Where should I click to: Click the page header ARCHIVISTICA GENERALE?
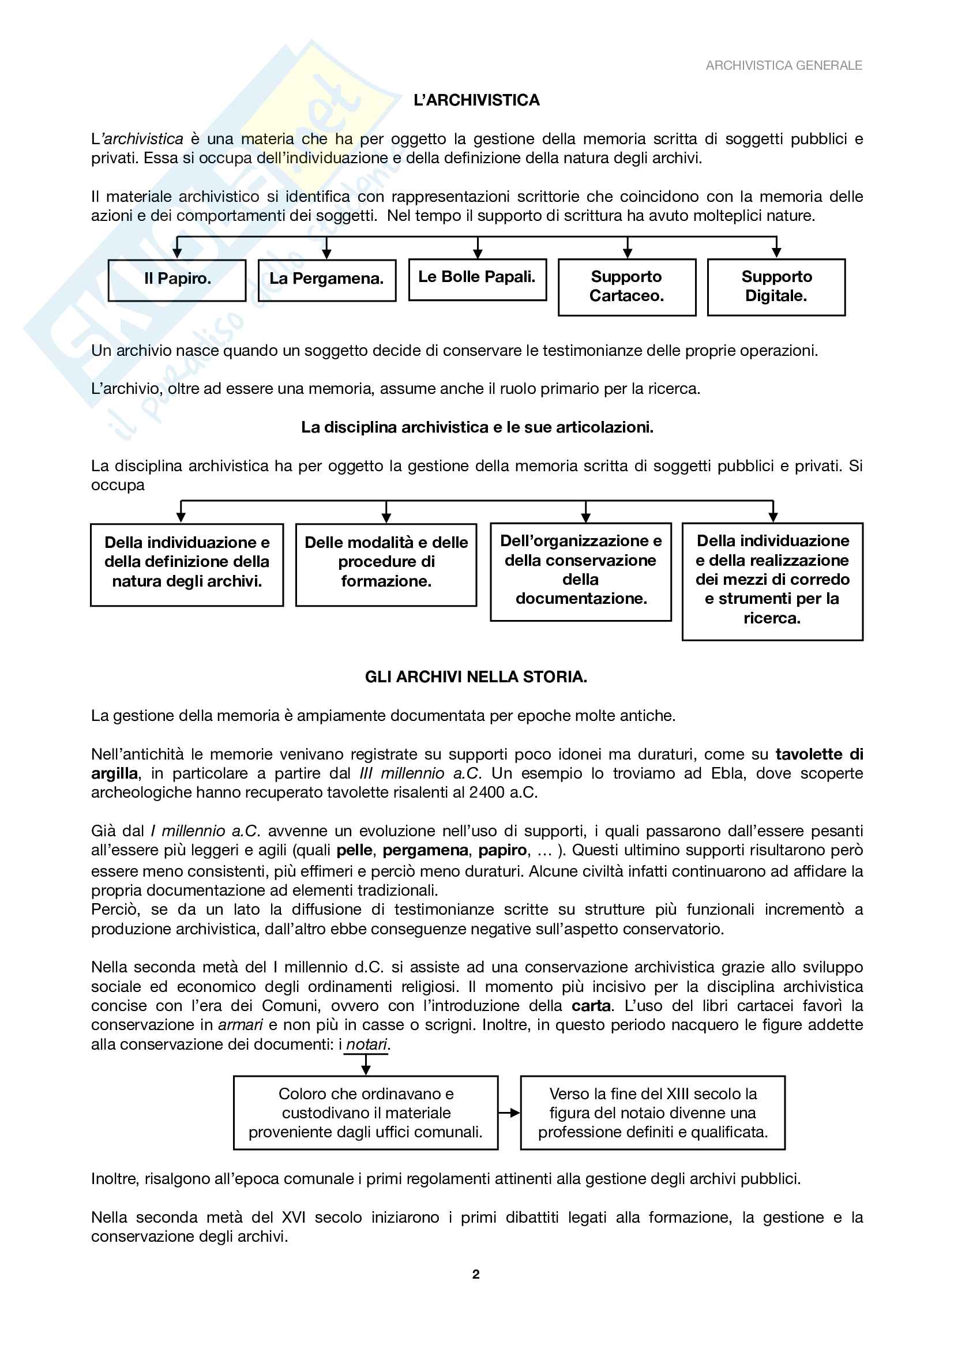(x=783, y=65)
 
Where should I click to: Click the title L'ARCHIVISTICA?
(x=476, y=100)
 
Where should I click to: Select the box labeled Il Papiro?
(x=177, y=280)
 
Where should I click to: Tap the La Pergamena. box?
(x=326, y=280)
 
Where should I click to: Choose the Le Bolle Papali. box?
(x=477, y=279)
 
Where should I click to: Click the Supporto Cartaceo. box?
(x=627, y=287)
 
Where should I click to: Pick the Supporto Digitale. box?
(x=776, y=287)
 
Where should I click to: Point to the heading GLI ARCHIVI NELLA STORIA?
(x=476, y=677)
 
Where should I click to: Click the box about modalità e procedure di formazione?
(x=386, y=564)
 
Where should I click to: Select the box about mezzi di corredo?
(x=772, y=581)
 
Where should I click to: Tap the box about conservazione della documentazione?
(x=580, y=571)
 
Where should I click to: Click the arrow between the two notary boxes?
(x=509, y=1112)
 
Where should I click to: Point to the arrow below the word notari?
(x=366, y=1064)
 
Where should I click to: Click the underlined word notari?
(x=367, y=1044)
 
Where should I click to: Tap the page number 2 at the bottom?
(x=476, y=1274)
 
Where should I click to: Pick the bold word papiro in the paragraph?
(x=502, y=850)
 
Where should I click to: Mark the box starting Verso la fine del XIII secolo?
(x=653, y=1112)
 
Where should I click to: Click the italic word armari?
(x=241, y=1025)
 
